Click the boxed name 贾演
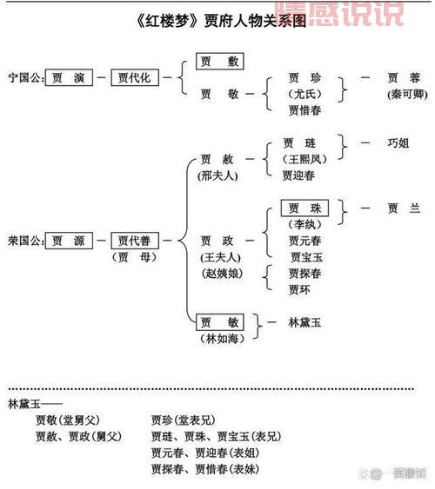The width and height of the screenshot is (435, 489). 69,77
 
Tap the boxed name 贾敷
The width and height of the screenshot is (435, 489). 218,61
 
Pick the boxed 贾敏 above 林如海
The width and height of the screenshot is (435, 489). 218,322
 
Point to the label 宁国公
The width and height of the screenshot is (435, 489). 23,77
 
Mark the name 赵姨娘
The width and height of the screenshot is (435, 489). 220,274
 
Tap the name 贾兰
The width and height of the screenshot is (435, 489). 403,208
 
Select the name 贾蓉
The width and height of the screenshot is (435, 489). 403,77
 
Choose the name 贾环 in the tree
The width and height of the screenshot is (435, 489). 299,289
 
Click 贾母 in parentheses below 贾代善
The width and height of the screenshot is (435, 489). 133,257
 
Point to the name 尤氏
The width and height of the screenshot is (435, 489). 304,94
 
